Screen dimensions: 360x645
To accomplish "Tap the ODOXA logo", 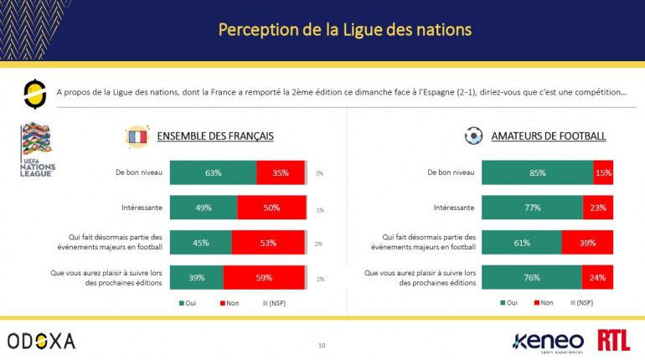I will (x=42, y=340).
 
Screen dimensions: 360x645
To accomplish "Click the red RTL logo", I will (x=614, y=340).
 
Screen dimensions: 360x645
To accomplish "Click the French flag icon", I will (x=136, y=136).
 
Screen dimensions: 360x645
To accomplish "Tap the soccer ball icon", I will (x=472, y=136).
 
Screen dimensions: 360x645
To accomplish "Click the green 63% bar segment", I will (x=213, y=173).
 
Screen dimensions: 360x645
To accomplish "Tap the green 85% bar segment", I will (x=537, y=173).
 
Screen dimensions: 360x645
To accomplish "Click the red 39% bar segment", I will (x=588, y=243).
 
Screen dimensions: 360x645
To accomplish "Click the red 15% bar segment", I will (x=604, y=173).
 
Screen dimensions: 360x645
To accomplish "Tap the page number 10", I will (x=322, y=345).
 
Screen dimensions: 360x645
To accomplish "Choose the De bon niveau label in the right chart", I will (x=451, y=173).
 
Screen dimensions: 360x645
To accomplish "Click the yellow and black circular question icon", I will (x=35, y=94).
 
